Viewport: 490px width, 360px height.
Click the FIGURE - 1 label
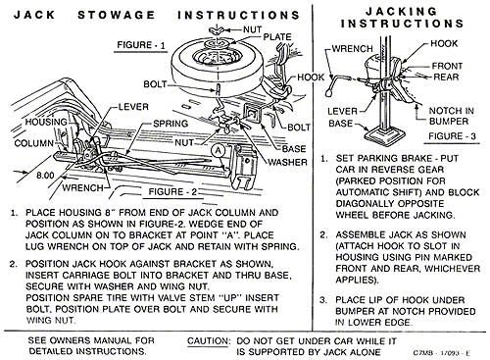(x=141, y=45)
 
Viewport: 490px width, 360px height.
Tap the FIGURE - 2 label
(x=172, y=191)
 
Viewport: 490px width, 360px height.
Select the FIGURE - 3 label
(x=452, y=136)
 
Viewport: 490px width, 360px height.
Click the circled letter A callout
(x=218, y=151)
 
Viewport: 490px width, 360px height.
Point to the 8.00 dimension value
(x=45, y=176)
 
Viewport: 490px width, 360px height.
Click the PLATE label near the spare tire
(x=277, y=37)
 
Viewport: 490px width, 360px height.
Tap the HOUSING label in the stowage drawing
(x=46, y=122)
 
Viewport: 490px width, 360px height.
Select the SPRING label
(x=171, y=124)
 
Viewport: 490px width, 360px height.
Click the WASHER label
(x=287, y=162)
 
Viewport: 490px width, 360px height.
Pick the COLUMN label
(x=34, y=143)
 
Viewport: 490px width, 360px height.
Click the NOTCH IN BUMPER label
(x=451, y=116)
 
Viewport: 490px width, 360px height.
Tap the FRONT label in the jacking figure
(x=447, y=66)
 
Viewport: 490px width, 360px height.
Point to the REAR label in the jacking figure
(x=446, y=77)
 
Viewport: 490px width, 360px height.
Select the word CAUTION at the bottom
(x=209, y=341)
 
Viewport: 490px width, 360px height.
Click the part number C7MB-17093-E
(x=442, y=353)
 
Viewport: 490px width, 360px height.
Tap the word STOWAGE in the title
(x=117, y=15)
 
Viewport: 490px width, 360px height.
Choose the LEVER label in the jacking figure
(x=342, y=112)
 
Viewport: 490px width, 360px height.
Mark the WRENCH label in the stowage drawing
(x=82, y=188)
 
